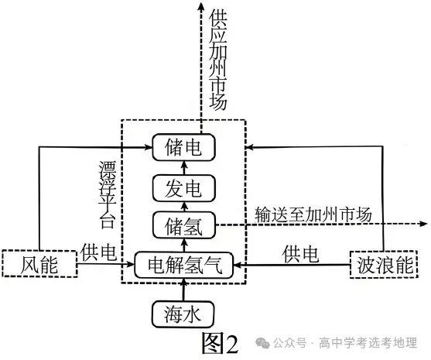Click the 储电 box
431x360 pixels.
(x=183, y=146)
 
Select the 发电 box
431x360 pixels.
(x=183, y=186)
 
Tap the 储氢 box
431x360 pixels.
(x=183, y=225)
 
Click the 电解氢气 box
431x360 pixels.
(x=183, y=266)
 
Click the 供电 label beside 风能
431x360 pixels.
(x=98, y=251)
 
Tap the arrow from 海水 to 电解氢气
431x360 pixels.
(x=183, y=288)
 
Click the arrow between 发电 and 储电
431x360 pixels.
(x=183, y=166)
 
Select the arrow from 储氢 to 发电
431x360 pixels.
(x=183, y=205)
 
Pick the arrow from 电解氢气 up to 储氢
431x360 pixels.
(x=183, y=245)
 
